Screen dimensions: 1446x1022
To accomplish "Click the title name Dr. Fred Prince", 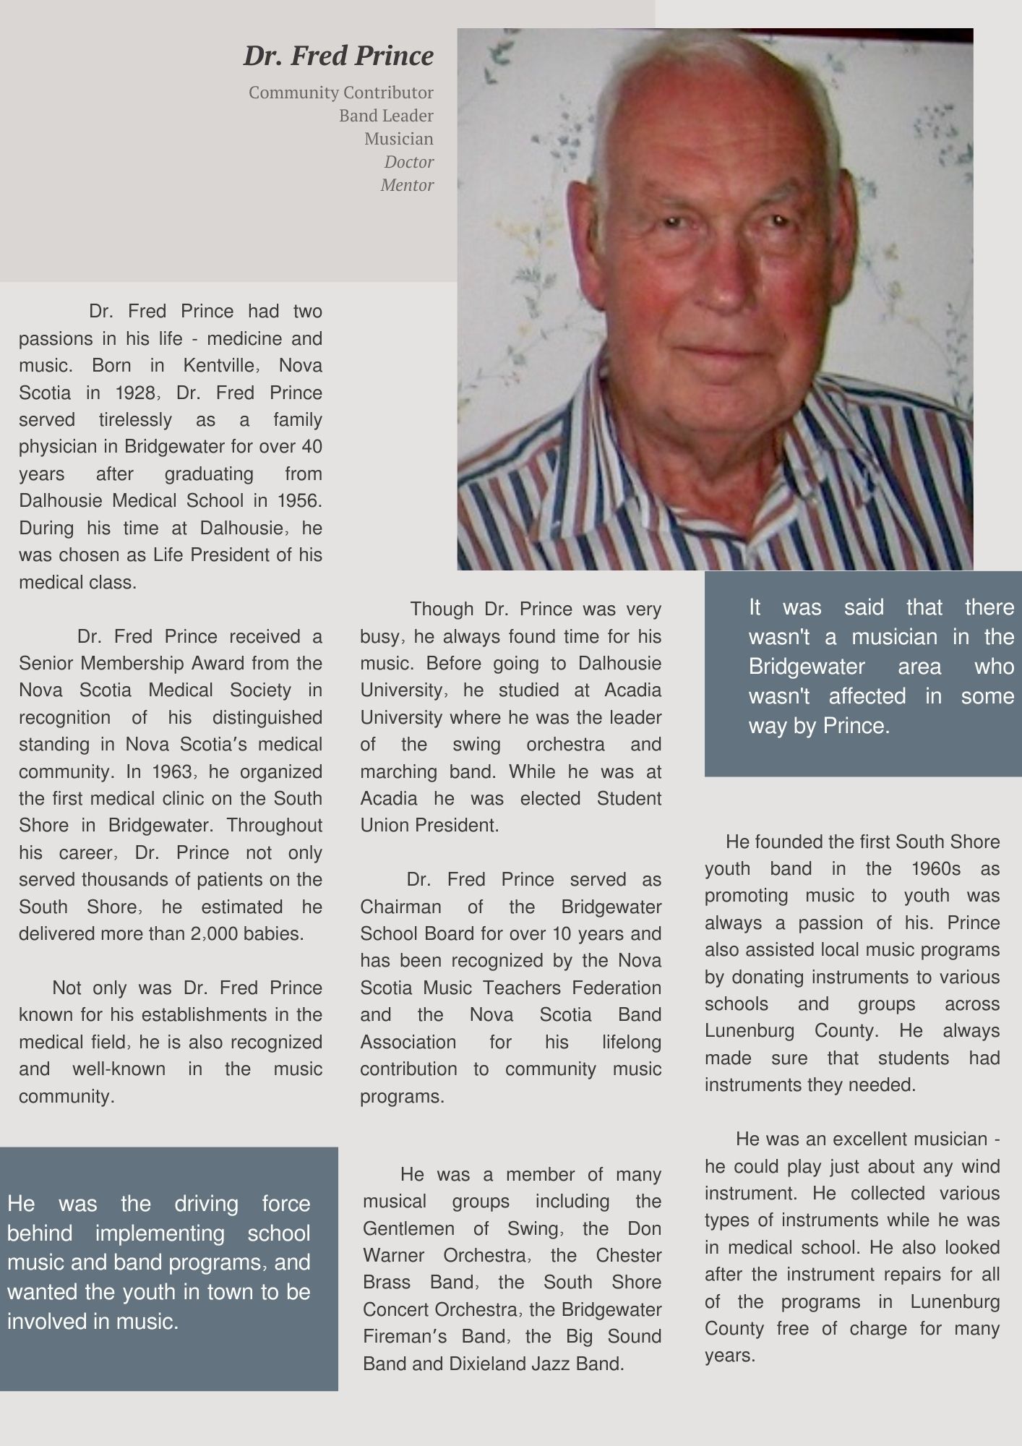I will [x=338, y=56].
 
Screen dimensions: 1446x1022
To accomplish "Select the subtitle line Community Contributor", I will [x=340, y=93].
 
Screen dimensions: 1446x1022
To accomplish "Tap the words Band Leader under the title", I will [x=386, y=116].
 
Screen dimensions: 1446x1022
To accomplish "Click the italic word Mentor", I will [x=407, y=185].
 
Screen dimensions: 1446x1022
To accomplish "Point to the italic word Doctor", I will [x=409, y=162].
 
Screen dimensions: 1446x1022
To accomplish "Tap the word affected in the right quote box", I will [x=867, y=696].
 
